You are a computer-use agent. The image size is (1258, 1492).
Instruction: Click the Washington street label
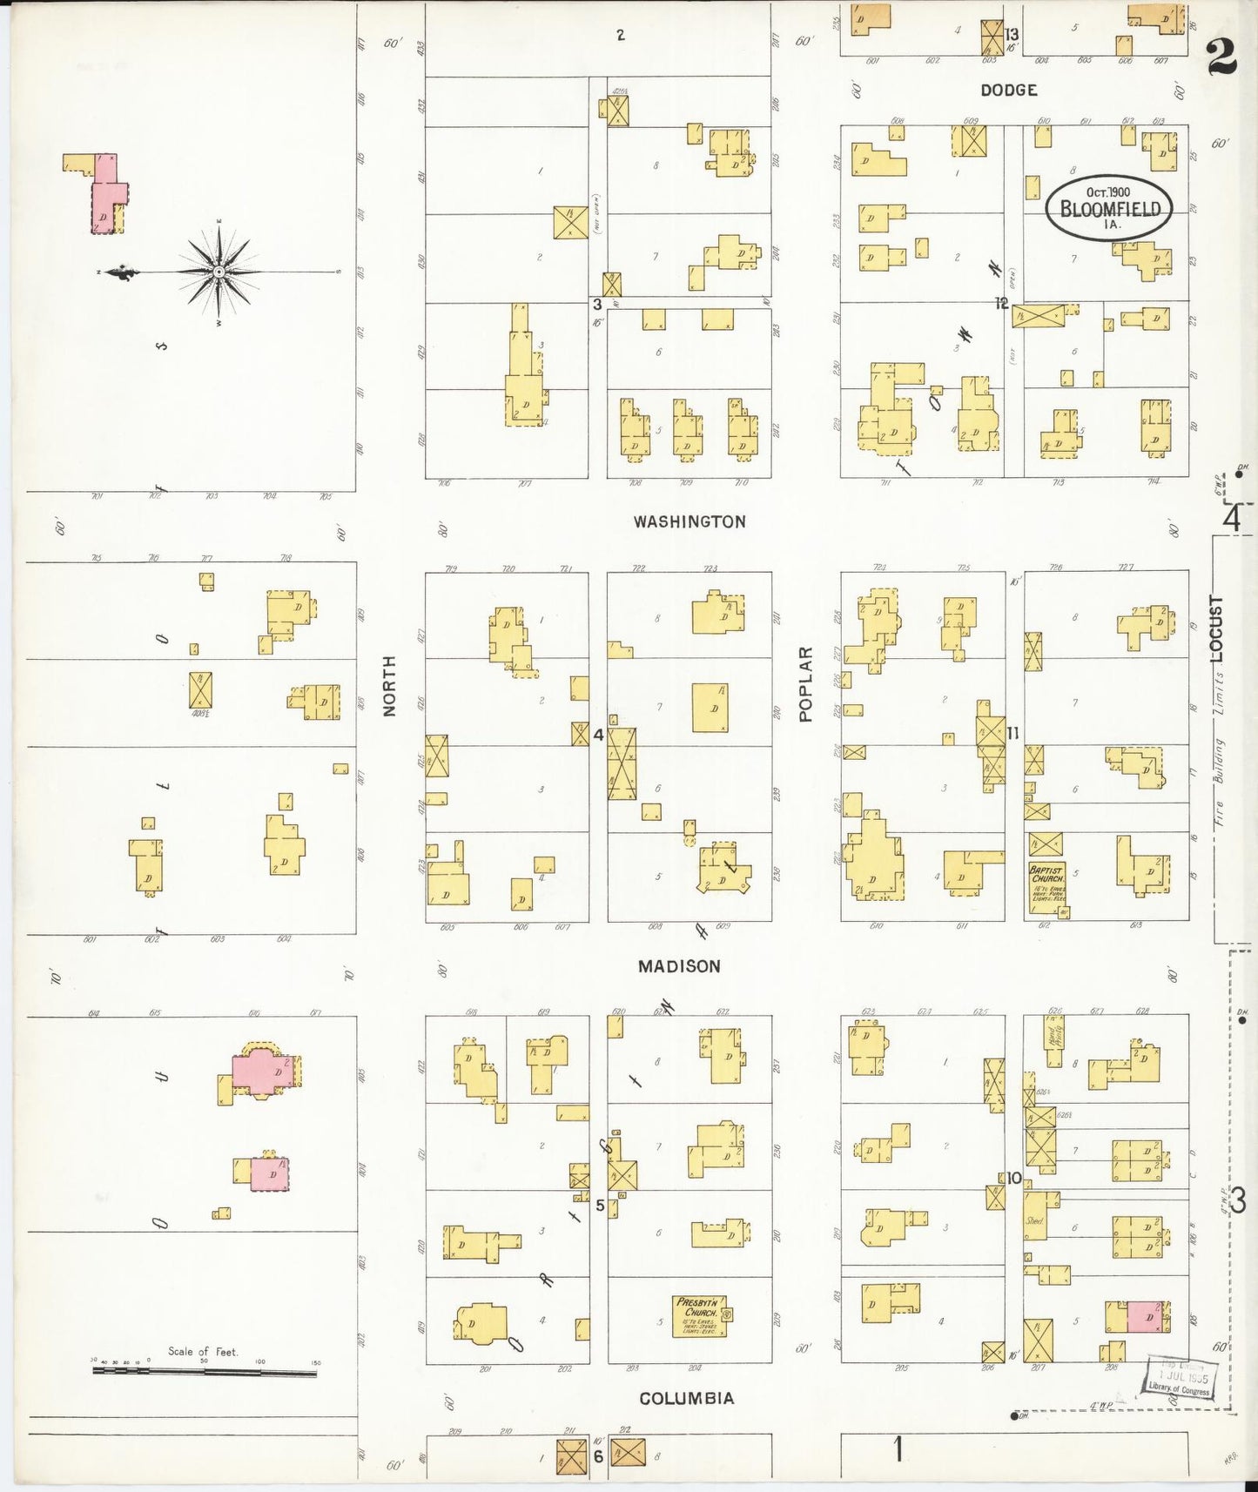point(690,521)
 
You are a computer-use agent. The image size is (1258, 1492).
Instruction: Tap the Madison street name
point(679,966)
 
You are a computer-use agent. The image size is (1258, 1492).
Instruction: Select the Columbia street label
point(686,1398)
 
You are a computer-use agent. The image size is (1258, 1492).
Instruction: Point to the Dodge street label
point(1008,90)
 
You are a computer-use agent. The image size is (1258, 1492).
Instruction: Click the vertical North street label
point(389,686)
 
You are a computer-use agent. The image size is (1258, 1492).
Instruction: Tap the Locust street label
point(1216,628)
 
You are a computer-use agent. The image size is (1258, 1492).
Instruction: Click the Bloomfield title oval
point(1109,207)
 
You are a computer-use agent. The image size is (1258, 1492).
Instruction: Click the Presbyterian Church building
point(699,1316)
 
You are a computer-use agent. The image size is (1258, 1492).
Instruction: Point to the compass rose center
point(219,272)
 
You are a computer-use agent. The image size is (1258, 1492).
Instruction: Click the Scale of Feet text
point(203,1351)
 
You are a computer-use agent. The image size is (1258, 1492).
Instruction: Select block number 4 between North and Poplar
point(598,735)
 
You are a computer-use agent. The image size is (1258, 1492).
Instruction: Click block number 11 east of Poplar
point(1012,733)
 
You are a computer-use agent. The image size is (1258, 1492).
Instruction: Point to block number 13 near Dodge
point(1012,35)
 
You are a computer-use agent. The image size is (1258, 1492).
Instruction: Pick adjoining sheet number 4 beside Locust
point(1232,520)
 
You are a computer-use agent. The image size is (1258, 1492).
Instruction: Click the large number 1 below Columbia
point(897,1450)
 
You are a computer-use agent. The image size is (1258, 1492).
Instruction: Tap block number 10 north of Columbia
point(1014,1178)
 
